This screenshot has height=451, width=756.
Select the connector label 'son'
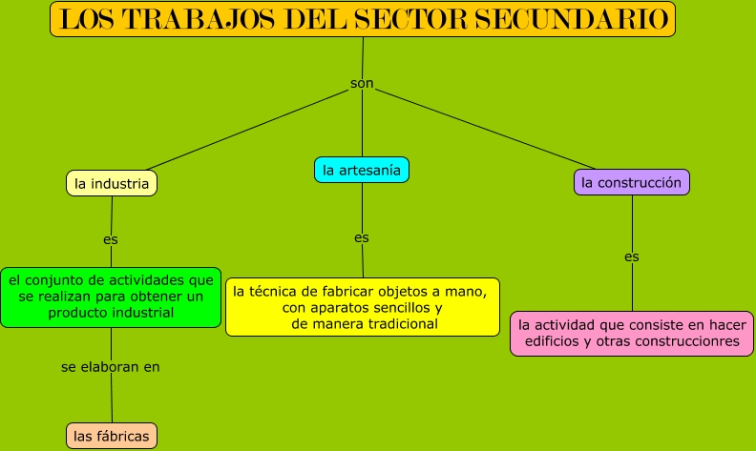point(362,84)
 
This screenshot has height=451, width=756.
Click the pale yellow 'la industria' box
point(112,183)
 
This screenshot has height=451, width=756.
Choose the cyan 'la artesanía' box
point(362,170)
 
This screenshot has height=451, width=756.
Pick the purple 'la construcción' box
point(631,182)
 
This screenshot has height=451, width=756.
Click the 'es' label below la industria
point(111,238)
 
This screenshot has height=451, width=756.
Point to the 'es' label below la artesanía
point(362,237)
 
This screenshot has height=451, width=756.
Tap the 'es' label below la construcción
point(632,256)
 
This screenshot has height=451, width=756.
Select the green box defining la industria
point(111,297)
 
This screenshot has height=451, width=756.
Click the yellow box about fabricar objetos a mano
point(363,307)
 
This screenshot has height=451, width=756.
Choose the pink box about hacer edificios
point(632,333)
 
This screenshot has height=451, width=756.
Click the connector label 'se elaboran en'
point(111,365)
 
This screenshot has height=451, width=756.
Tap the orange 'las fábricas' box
point(112,436)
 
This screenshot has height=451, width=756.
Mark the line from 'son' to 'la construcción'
point(487,128)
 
